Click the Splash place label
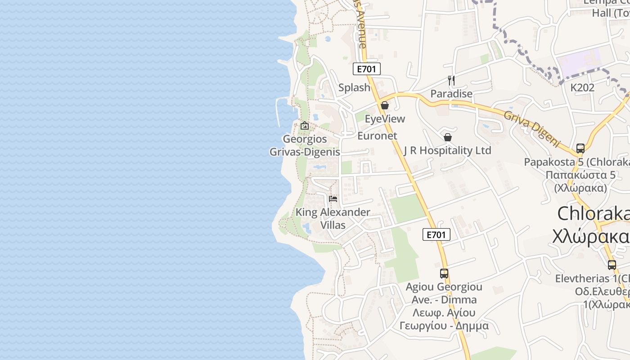pos(354,88)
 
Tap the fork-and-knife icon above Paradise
pos(451,81)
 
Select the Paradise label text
pos(451,94)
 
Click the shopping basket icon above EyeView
pos(385,106)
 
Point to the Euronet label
pos(377,136)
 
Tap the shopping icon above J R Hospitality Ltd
pos(447,137)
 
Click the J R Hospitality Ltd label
pos(447,150)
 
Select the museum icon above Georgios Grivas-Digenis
pos(305,126)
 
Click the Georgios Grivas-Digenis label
pos(305,145)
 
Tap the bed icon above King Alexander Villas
pos(333,198)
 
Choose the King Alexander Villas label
pos(333,218)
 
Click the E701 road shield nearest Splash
pos(366,69)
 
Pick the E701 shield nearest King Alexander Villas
pos(436,234)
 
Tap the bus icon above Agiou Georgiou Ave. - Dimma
pos(444,273)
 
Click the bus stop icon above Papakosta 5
pos(580,148)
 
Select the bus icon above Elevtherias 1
pos(612,265)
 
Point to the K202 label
pos(582,88)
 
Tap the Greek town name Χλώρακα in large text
pos(591,236)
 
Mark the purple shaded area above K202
pos(579,62)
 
